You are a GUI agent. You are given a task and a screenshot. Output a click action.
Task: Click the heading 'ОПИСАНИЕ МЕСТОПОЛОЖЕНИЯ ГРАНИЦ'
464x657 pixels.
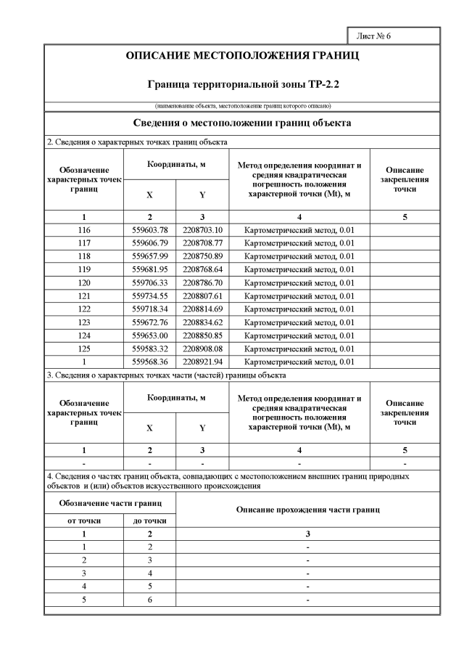point(242,55)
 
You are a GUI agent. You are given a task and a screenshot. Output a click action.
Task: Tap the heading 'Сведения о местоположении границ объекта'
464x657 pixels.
point(242,123)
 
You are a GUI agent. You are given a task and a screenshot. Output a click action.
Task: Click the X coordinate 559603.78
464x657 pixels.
point(150,229)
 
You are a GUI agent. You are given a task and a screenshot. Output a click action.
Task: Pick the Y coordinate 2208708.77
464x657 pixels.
point(202,242)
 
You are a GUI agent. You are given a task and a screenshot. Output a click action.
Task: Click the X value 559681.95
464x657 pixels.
point(150,269)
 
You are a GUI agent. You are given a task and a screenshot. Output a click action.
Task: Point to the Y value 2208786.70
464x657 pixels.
point(202,282)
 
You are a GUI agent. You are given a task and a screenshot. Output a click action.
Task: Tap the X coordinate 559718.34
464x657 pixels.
point(150,309)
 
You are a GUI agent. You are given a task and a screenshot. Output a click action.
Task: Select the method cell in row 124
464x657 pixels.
point(299,335)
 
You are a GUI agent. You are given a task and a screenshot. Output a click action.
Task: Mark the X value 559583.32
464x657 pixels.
point(150,348)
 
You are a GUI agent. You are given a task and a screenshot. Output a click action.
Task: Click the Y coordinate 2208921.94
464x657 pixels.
point(202,362)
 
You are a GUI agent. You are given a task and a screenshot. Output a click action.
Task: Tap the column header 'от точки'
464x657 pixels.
point(71,521)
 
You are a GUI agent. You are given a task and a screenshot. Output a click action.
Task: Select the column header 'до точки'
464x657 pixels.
point(150,521)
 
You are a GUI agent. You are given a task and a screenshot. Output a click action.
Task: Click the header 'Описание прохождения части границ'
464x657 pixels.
point(308,510)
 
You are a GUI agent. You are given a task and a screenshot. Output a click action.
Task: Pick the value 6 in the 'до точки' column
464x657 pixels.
point(150,600)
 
